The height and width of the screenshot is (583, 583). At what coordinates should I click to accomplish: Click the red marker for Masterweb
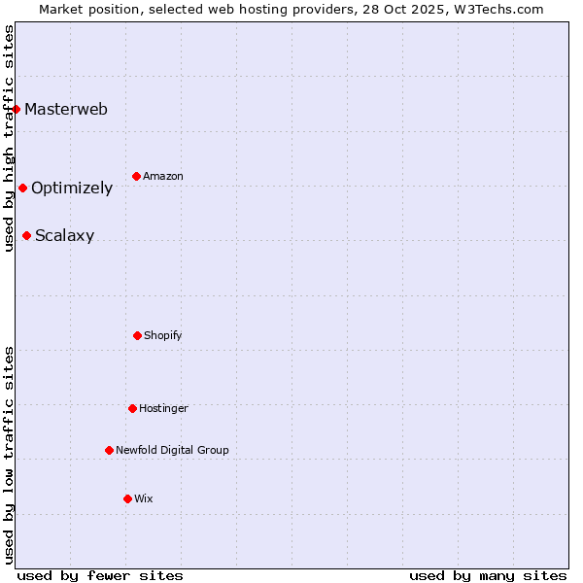(17, 109)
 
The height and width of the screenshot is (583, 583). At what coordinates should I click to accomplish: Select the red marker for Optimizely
(22, 188)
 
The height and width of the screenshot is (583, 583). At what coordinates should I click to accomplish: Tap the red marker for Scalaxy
(26, 235)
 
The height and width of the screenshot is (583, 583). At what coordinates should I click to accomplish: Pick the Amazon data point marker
(136, 176)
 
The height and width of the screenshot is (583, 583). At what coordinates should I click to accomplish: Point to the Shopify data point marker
(137, 335)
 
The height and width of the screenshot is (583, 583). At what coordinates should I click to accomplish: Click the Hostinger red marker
(132, 408)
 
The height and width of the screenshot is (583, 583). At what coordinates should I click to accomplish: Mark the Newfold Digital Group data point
(109, 450)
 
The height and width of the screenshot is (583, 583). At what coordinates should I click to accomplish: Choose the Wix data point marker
(127, 498)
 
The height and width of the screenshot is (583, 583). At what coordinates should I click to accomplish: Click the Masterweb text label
(66, 109)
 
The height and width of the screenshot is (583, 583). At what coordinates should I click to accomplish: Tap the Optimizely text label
(72, 188)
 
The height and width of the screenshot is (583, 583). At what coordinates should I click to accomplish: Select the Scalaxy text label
(65, 235)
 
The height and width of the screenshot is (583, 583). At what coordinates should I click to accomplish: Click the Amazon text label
(163, 176)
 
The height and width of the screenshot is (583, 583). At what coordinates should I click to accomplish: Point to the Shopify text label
(163, 335)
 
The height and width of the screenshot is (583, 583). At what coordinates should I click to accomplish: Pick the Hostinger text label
(163, 408)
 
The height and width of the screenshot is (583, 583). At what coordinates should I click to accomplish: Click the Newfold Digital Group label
(173, 450)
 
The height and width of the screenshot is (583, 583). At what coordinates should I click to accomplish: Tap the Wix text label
(144, 498)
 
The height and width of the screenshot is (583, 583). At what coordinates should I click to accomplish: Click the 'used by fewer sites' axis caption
(100, 575)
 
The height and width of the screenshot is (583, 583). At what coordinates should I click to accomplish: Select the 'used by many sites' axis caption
(488, 575)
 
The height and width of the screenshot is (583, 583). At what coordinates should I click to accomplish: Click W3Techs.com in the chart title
(497, 9)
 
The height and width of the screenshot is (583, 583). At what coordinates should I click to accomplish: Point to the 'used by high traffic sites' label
(9, 139)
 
